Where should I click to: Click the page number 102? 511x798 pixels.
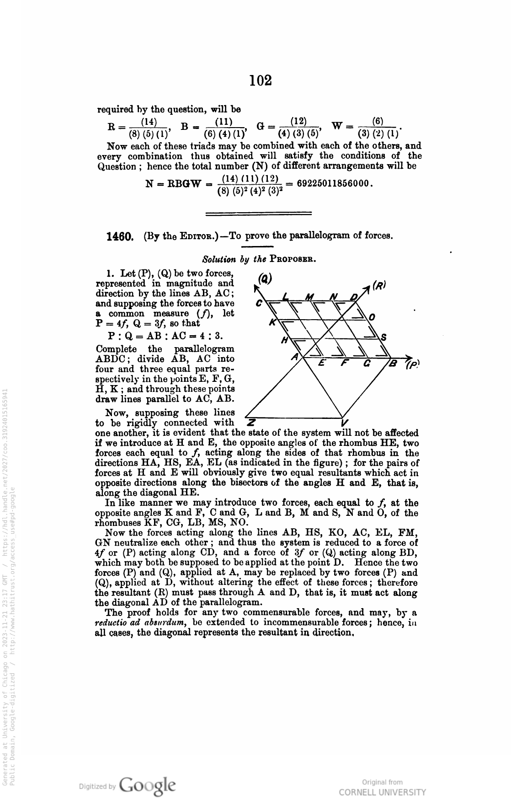[x=261, y=80]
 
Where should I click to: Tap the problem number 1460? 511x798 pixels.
[x=119, y=236]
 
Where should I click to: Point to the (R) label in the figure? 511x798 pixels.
[x=379, y=285]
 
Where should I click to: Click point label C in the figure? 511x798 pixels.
[x=259, y=304]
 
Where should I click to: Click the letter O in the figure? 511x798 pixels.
[x=372, y=317]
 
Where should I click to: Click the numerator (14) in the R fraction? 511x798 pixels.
[x=148, y=122]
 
